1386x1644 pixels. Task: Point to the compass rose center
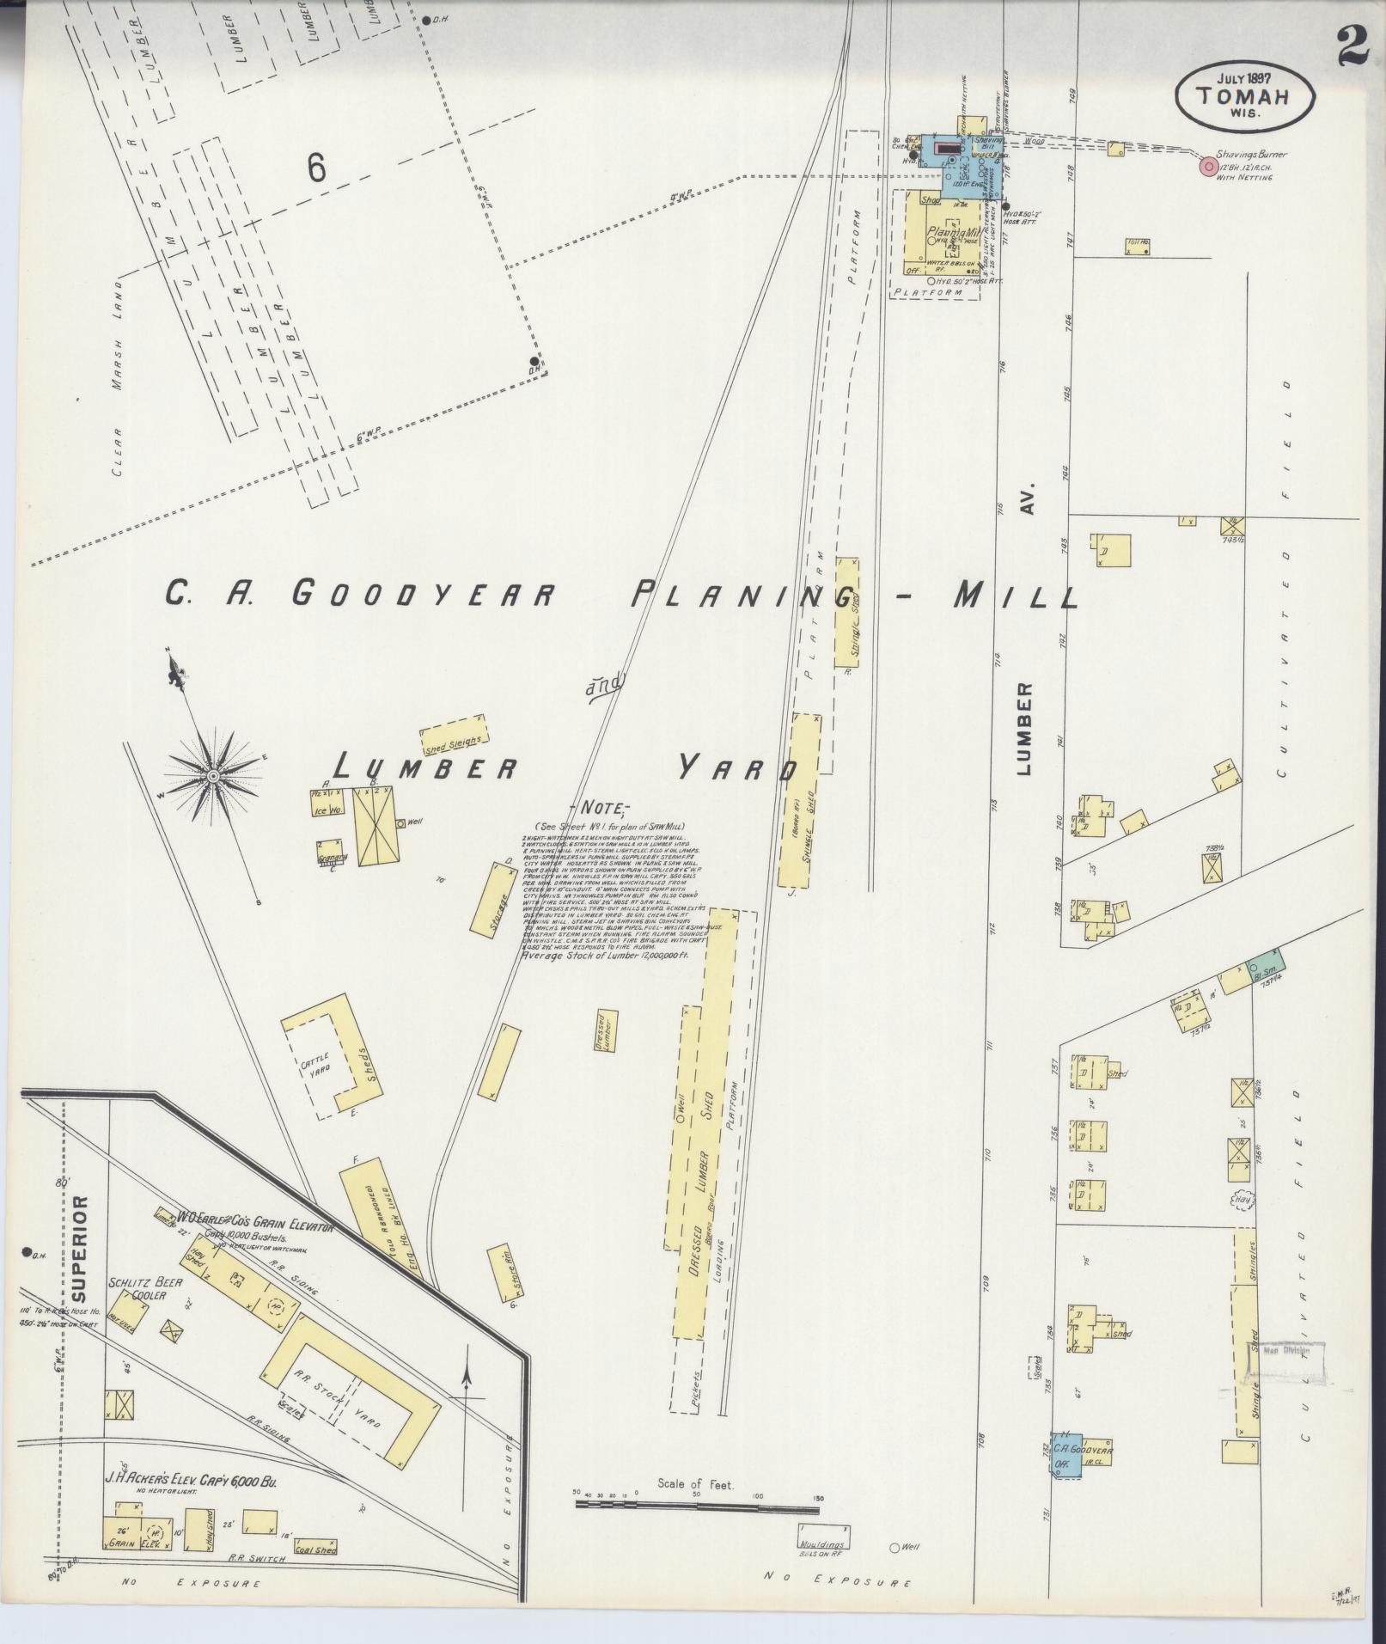click(212, 776)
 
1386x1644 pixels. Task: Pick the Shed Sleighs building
click(454, 736)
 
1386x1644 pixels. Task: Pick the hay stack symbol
click(1242, 1199)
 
